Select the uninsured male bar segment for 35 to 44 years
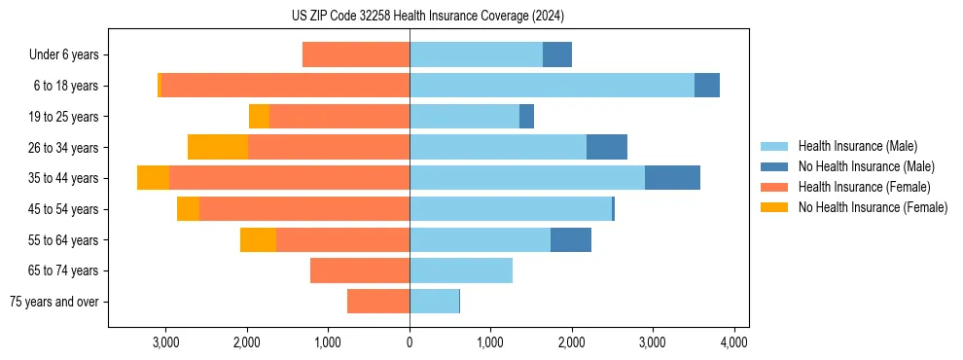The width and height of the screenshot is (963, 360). coord(672,178)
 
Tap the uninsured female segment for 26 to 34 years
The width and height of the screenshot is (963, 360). coord(218,147)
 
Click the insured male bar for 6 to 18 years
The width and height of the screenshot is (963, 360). coord(552,86)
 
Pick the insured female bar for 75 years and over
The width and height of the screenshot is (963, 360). coord(378,302)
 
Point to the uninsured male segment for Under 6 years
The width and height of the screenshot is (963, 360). coord(557,54)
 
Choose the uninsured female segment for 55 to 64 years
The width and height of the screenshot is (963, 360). coord(258,239)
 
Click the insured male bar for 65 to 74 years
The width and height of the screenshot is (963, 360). coord(461,270)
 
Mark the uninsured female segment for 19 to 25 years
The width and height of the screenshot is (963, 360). coord(259,117)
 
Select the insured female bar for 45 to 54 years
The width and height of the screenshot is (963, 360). coord(304,209)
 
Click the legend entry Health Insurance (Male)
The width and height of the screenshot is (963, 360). coord(857,146)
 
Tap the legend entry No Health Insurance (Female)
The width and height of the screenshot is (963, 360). coord(873,207)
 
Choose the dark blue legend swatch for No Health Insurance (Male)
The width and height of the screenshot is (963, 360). coord(774,166)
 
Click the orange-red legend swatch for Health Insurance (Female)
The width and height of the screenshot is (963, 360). coord(774,187)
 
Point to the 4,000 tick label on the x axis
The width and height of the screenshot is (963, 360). coord(733,342)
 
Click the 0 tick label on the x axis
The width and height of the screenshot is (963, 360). coord(410,342)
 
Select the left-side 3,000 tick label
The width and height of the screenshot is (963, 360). coord(166,342)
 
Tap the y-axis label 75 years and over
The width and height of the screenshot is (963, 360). coord(53,302)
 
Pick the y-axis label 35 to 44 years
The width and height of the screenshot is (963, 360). coord(64,178)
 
